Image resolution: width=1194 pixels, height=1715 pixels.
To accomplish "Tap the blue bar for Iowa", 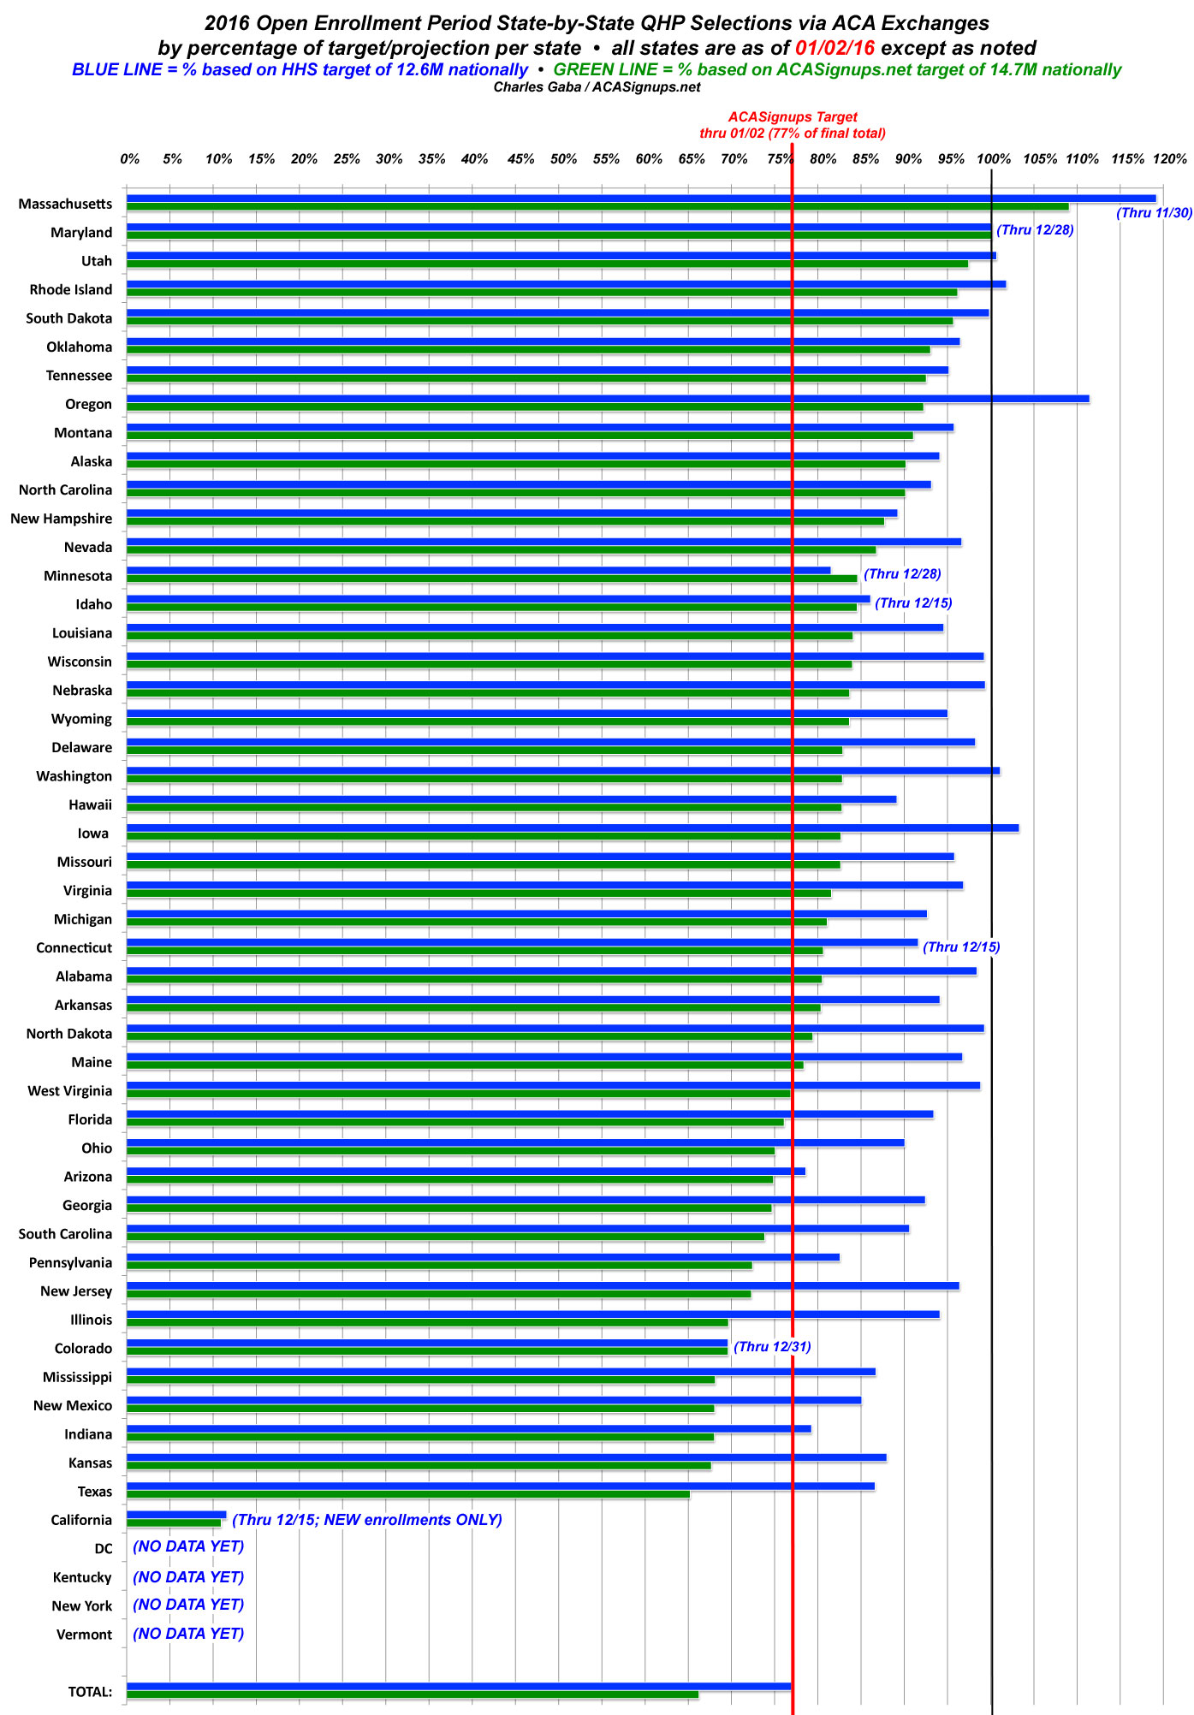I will click(x=573, y=828).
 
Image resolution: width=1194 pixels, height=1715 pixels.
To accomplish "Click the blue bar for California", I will click(x=176, y=1515).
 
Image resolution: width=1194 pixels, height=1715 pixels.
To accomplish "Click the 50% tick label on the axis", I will click(x=563, y=159).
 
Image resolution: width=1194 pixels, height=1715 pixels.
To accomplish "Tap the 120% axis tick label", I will click(x=1170, y=159).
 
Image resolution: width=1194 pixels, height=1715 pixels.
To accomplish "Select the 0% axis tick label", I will click(x=129, y=159).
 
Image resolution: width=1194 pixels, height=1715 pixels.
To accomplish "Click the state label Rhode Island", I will click(x=71, y=289).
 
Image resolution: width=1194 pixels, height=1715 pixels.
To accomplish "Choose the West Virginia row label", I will click(x=70, y=1090).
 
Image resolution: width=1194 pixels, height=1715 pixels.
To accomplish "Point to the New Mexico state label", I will click(x=73, y=1405).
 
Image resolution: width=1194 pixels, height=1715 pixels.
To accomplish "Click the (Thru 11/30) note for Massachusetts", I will click(x=1155, y=213).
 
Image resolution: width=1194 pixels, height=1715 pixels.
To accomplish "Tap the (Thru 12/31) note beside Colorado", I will click(x=773, y=1347).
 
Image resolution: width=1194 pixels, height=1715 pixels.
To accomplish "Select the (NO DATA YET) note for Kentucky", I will click(x=188, y=1576).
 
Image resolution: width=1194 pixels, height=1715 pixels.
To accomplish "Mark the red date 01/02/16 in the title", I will click(x=835, y=48).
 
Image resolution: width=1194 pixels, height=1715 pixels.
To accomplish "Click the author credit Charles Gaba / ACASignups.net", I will click(x=597, y=87).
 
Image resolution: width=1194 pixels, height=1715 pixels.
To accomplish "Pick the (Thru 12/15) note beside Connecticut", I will click(x=962, y=947).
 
